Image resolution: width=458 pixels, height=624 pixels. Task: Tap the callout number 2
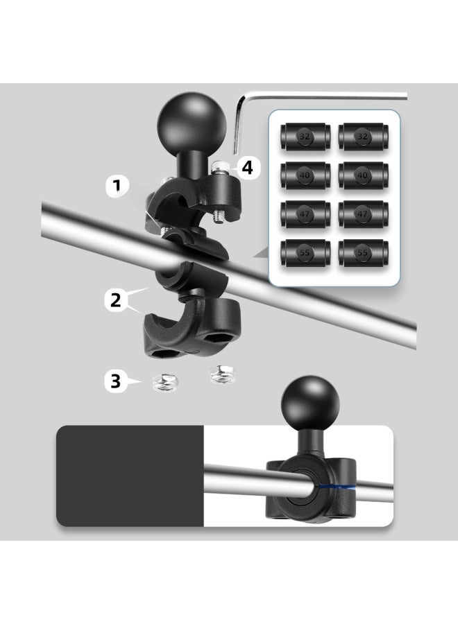(x=117, y=300)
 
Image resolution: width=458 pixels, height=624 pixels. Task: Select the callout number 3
(x=115, y=381)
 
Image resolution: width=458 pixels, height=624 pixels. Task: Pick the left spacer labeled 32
(x=304, y=137)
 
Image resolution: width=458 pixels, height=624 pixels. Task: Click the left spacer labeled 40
(x=304, y=175)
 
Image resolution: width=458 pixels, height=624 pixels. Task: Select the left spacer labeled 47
(x=304, y=214)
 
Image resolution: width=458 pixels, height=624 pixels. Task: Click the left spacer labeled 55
(x=304, y=253)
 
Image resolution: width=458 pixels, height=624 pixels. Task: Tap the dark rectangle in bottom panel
(x=130, y=476)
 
